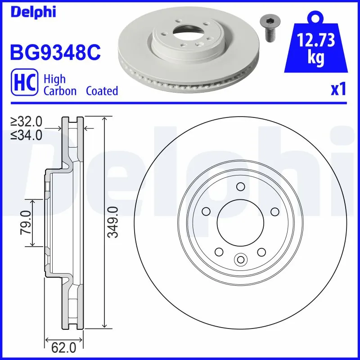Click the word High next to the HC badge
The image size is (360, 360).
54,79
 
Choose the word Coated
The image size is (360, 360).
102,91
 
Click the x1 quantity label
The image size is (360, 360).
338,89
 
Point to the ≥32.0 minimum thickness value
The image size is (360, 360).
27,121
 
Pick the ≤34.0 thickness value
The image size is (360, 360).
27,134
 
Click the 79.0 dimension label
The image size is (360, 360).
25,222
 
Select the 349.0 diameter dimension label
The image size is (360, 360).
114,222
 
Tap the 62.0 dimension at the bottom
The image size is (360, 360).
64,348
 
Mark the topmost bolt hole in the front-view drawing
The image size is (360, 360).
240,187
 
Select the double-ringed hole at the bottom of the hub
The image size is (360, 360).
240,259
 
